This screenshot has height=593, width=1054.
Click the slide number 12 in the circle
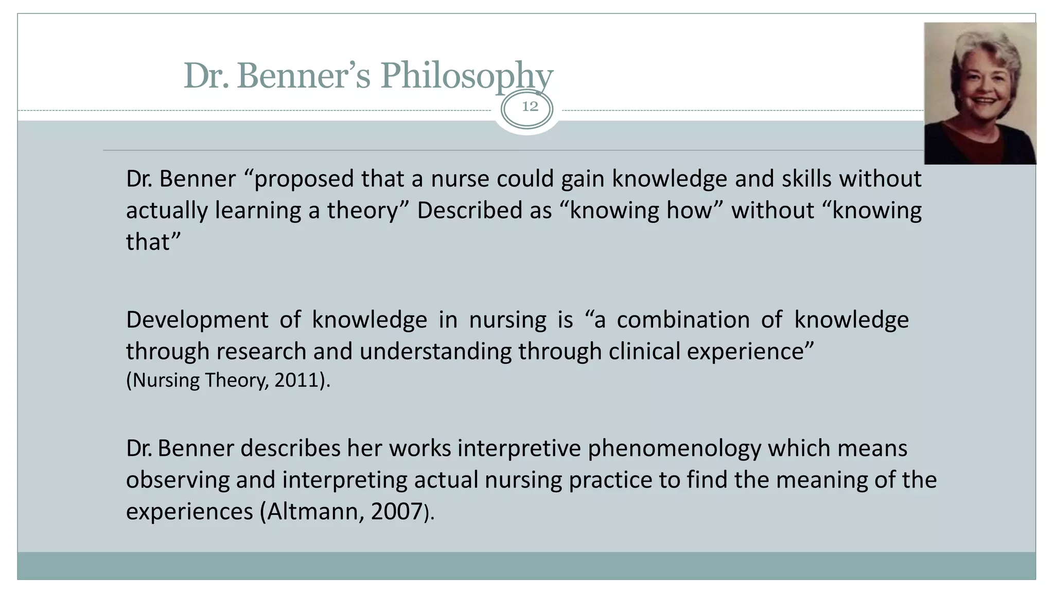point(530,107)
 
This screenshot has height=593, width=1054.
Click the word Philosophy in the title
point(466,76)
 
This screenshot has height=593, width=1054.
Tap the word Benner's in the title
point(303,76)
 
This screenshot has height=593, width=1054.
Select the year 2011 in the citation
point(296,380)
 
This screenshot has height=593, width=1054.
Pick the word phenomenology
point(674,449)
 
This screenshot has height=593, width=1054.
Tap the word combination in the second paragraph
point(683,320)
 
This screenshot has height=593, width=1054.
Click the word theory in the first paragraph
point(363,211)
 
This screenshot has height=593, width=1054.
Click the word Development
point(197,320)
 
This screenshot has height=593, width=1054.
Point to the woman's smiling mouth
point(985,101)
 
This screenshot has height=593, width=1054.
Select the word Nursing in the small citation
point(166,380)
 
